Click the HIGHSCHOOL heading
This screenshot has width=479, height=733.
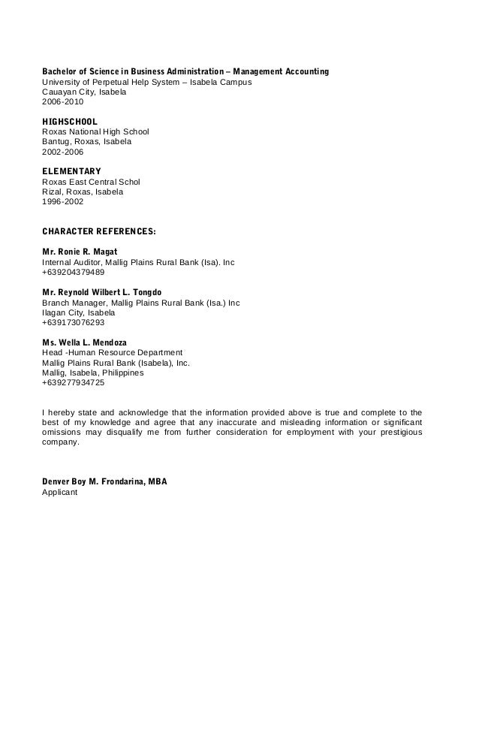tap(69, 121)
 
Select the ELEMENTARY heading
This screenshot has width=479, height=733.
tap(71, 171)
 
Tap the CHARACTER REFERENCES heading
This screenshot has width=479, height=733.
tap(98, 232)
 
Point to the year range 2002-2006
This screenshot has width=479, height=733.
tap(63, 152)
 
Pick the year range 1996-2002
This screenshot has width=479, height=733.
tap(63, 202)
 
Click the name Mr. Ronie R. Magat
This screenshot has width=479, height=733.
tap(80, 252)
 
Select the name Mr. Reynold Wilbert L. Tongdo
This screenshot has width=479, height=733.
tap(101, 292)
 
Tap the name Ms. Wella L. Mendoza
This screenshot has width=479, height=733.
tap(84, 342)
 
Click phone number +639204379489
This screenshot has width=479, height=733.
tap(74, 273)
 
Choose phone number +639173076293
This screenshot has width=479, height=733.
tap(74, 323)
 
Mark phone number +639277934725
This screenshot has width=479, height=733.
tap(74, 383)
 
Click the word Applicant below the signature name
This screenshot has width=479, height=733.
tap(59, 493)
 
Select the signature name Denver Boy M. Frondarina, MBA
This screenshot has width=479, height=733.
tap(104, 483)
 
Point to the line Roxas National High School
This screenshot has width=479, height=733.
tap(95, 131)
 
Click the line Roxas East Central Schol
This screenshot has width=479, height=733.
tap(91, 182)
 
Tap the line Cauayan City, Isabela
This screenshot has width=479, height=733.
tap(84, 92)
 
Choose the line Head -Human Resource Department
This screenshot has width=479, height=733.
tap(112, 352)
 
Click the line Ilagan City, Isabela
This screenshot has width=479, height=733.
tap(79, 312)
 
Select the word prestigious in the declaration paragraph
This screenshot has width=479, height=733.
tap(396, 433)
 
